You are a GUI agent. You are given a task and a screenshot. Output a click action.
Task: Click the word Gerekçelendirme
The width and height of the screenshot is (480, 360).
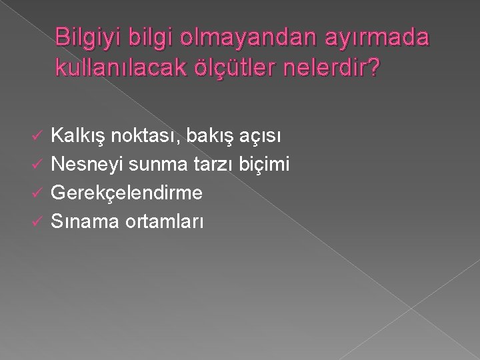(127, 193)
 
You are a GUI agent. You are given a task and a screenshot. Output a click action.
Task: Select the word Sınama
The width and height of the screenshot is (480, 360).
(83, 221)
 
